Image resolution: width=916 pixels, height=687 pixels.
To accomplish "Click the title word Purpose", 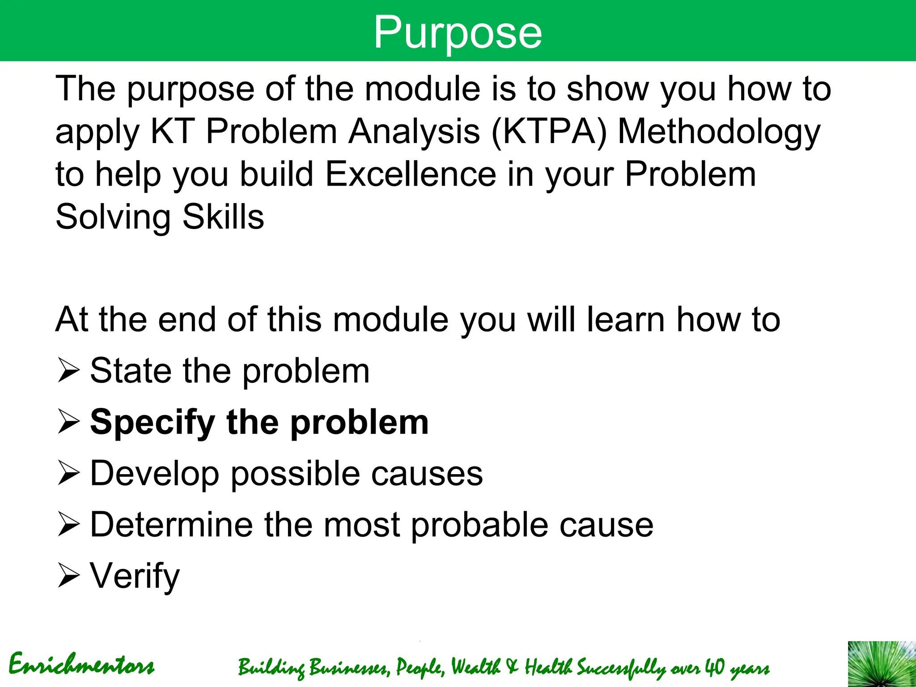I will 458,32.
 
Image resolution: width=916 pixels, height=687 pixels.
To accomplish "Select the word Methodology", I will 719,133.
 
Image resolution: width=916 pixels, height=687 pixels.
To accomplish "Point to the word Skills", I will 223,217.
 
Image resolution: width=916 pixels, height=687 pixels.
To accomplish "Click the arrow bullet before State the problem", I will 68,372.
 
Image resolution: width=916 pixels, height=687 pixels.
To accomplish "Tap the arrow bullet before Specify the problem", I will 68,423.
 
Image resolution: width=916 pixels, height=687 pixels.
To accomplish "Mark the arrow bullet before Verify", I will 68,576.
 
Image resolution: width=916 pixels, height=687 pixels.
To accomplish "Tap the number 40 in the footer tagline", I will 714,667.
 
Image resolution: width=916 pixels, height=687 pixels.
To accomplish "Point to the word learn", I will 625,320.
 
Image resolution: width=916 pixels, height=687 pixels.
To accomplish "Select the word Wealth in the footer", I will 475,667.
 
